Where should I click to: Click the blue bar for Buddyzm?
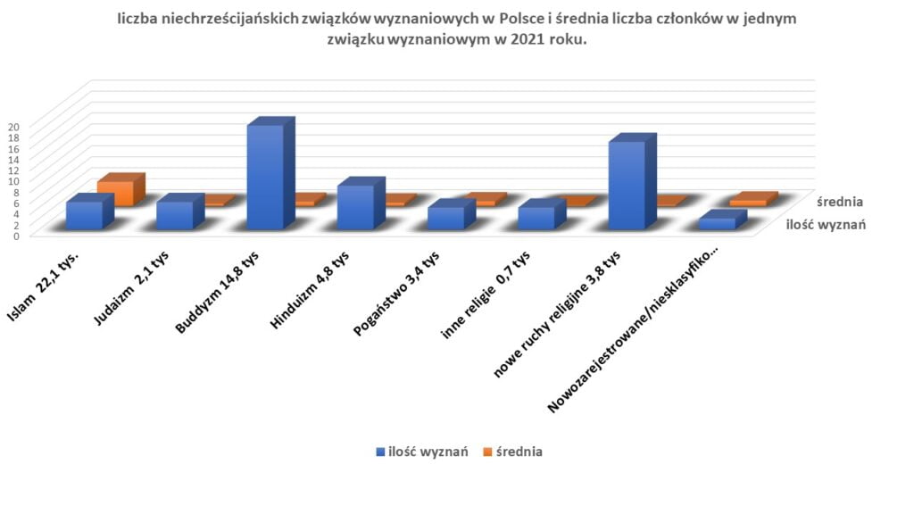(x=265, y=177)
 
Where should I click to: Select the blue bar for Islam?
(x=84, y=215)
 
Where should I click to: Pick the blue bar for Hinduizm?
(x=355, y=207)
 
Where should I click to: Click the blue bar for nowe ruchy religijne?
(x=627, y=185)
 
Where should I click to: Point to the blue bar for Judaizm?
(x=174, y=215)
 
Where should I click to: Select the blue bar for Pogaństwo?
(x=445, y=218)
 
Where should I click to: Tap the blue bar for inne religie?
(x=536, y=218)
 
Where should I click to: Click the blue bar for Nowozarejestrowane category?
(x=717, y=223)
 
